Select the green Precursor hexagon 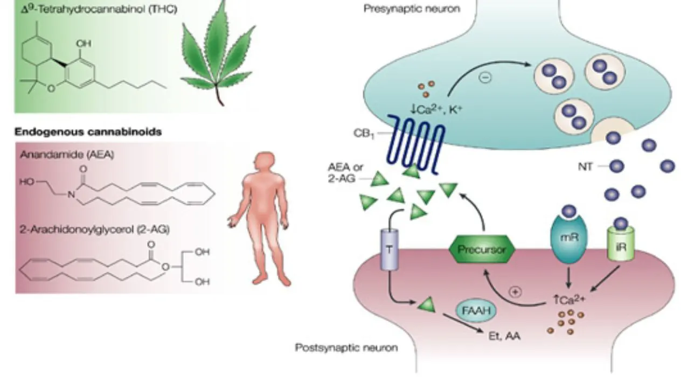[482, 249]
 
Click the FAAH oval [476, 311]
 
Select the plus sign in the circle [516, 292]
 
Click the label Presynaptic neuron [412, 9]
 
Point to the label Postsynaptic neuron [346, 347]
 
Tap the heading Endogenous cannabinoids [88, 131]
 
